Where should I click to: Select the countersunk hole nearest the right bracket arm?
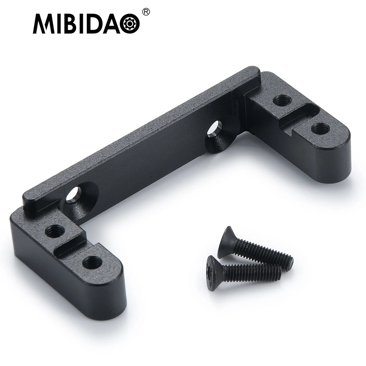click(x=213, y=131)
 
